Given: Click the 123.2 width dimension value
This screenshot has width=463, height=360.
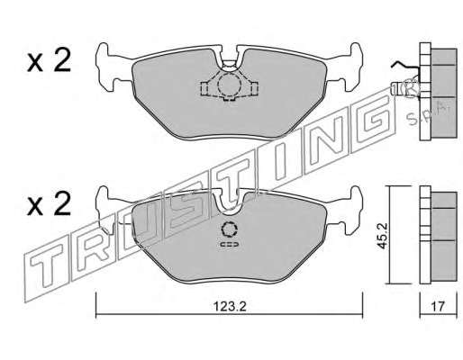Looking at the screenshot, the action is click(230, 306).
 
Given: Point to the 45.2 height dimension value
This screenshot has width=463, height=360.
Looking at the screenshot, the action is click(382, 236).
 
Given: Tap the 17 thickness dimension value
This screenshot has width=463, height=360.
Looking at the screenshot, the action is click(438, 306).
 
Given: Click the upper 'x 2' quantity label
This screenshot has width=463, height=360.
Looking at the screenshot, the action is click(49, 60).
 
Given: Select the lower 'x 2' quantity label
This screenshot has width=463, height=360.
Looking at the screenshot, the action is click(49, 204).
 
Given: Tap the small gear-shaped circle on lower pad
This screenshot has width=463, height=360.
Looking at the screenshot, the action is click(229, 230).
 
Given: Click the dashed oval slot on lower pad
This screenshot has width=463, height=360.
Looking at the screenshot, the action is click(230, 245).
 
